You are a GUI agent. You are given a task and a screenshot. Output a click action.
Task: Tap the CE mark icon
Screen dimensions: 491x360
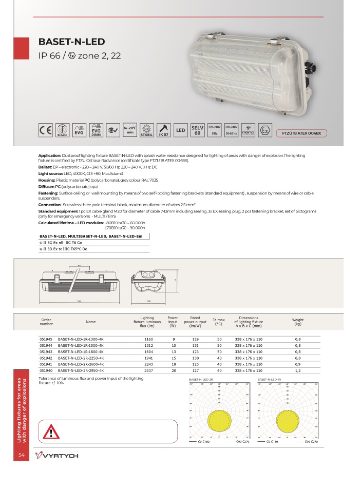(x=46, y=130)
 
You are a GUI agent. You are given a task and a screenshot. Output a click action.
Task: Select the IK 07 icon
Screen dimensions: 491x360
(x=164, y=130)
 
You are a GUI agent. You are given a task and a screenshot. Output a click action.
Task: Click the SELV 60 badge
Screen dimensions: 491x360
(x=197, y=130)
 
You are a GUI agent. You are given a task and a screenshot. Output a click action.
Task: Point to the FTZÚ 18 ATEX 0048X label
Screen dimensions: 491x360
(x=301, y=133)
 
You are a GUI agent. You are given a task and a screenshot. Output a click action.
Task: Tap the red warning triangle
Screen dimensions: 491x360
(x=52, y=431)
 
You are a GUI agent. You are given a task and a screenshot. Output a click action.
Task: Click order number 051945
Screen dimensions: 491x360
(x=46, y=340)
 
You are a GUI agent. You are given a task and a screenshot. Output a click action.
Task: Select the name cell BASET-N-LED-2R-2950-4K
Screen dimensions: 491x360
(x=81, y=370)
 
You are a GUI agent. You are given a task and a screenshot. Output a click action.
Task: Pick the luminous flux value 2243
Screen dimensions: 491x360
(x=149, y=364)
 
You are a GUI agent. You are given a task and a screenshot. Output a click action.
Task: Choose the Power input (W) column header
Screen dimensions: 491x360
(x=173, y=322)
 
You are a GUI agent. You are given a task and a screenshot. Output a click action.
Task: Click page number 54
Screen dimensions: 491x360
(x=22, y=455)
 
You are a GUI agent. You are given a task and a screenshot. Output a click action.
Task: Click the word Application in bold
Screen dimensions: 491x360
(x=50, y=155)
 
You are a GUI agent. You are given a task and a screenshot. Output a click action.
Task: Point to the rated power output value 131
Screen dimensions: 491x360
(x=195, y=346)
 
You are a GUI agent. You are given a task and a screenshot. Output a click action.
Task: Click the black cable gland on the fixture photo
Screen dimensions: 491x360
(x=308, y=69)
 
